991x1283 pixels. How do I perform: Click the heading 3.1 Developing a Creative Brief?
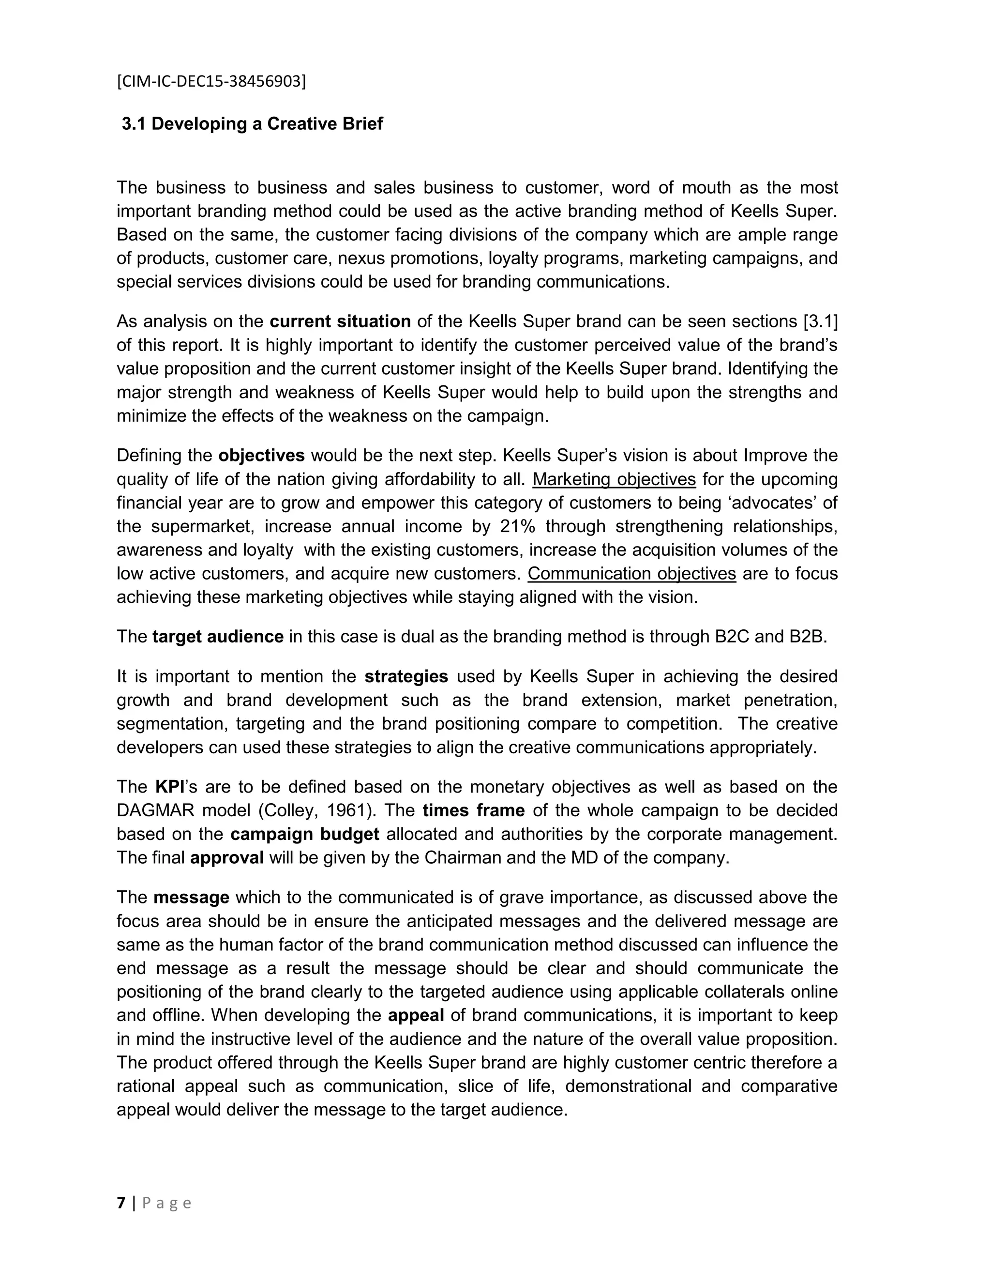(x=253, y=124)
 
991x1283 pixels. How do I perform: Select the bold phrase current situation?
(x=340, y=321)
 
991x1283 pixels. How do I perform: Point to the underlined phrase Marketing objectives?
(x=614, y=479)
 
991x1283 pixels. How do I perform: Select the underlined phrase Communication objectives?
(x=631, y=573)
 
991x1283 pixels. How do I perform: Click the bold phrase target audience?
(x=218, y=637)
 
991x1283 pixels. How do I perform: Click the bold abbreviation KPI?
(x=170, y=787)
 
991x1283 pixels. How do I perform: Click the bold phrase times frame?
(x=473, y=810)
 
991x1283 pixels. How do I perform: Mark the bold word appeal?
(x=416, y=1016)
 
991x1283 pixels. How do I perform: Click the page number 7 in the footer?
(x=121, y=1204)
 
